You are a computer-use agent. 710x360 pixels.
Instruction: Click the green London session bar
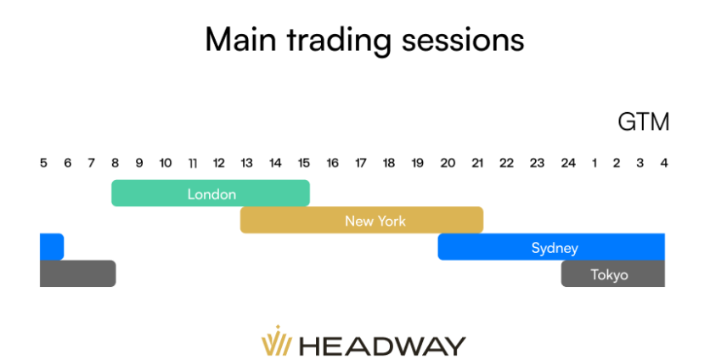[211, 193]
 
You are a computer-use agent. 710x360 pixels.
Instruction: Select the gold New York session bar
[362, 220]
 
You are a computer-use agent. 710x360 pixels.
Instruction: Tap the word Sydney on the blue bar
[555, 248]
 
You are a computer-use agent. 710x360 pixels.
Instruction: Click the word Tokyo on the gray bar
[609, 274]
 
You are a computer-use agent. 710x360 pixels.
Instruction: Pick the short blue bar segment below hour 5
[52, 247]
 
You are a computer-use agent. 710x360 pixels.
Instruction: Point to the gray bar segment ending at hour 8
[78, 273]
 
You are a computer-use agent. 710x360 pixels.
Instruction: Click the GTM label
[644, 121]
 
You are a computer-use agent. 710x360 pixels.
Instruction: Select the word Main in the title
[240, 39]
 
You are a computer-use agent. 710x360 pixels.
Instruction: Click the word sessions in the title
[463, 40]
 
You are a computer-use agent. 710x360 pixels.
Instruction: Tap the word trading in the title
[339, 41]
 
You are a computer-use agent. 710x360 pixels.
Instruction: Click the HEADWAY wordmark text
[382, 346]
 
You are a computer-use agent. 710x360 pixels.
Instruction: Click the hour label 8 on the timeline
[115, 163]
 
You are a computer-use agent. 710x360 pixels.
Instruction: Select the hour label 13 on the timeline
[246, 163]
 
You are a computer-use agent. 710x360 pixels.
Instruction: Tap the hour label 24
[568, 163]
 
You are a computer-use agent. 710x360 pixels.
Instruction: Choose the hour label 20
[448, 163]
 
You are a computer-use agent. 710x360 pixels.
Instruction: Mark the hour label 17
[360, 163]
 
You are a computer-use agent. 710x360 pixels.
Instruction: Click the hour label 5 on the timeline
[43, 163]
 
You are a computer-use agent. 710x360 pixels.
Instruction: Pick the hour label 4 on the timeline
[664, 163]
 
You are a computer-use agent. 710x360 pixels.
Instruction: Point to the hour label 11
[193, 163]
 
